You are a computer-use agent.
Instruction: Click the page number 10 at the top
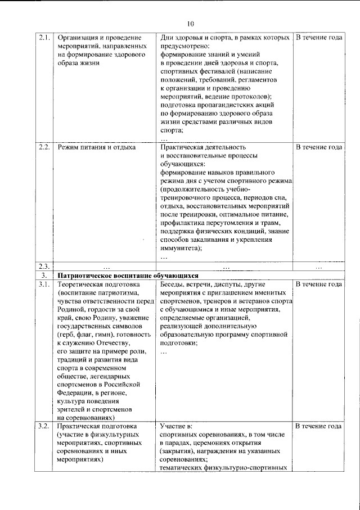coord(190,23)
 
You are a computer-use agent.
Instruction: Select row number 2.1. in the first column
coord(45,38)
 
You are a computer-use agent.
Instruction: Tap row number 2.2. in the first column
coord(45,147)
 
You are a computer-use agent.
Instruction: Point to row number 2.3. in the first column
coord(45,267)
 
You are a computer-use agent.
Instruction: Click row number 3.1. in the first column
coord(45,285)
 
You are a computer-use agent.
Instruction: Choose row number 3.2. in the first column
coord(45,426)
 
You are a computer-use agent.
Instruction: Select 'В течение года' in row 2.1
coord(319,38)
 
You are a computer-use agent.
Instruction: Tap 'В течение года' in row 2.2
coord(319,147)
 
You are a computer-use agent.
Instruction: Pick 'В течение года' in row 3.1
coord(319,285)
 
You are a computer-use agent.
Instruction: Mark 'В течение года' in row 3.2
coord(319,426)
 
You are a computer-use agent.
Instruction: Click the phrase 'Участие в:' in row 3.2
coord(175,426)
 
